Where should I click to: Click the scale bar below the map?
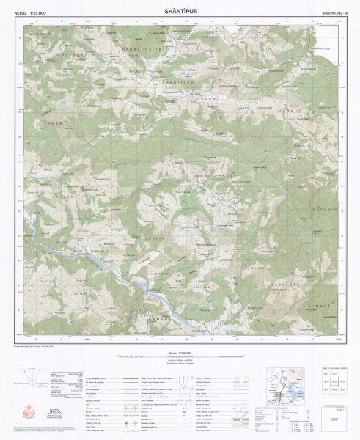coord(180,359)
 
